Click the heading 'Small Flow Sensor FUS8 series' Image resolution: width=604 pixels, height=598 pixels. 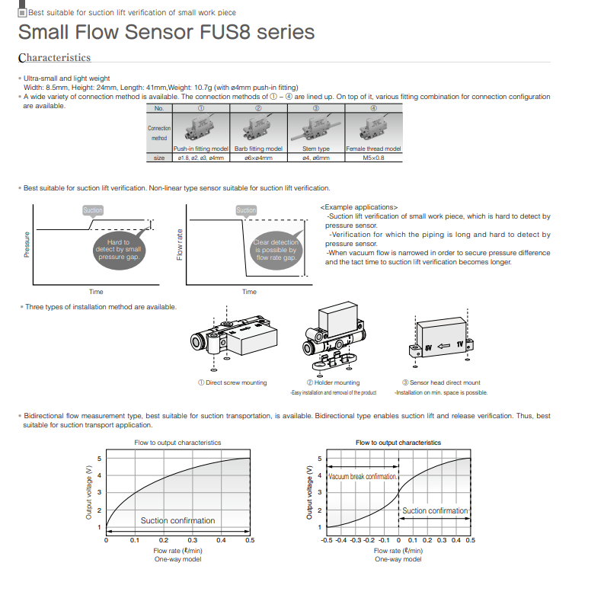(166, 32)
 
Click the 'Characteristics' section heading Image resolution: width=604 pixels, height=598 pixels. (54, 58)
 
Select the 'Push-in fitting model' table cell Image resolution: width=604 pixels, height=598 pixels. (201, 149)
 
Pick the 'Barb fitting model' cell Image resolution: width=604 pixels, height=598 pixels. (258, 149)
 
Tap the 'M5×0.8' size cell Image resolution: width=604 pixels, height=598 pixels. (373, 158)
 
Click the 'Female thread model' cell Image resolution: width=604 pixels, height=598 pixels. (373, 149)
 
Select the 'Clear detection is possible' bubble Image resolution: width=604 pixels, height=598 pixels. (276, 250)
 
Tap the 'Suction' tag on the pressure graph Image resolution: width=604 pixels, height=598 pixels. (93, 209)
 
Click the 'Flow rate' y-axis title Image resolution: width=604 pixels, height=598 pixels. (181, 245)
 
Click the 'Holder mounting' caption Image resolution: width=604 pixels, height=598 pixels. (333, 382)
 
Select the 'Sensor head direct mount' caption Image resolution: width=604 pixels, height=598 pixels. (441, 382)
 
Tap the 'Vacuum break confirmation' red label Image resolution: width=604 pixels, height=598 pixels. (363, 476)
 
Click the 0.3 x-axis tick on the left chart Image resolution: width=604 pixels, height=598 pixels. (192, 540)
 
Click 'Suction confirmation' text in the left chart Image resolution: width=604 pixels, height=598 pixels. (177, 521)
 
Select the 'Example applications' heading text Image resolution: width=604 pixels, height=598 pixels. (360, 207)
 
